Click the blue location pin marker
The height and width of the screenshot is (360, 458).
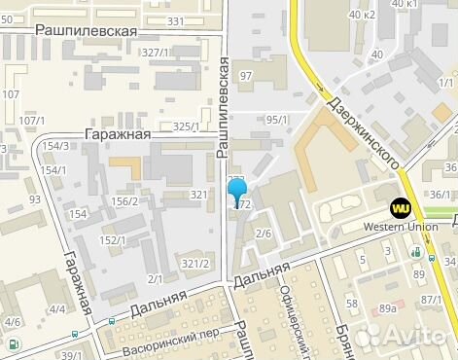click(x=237, y=189)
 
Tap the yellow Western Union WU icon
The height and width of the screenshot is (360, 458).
click(x=399, y=207)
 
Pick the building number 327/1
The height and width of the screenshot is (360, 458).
click(x=157, y=52)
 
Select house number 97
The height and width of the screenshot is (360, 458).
click(x=246, y=76)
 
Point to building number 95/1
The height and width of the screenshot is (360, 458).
click(x=277, y=120)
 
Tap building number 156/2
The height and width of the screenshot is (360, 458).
click(x=123, y=201)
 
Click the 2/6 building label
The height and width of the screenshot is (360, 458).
click(x=263, y=234)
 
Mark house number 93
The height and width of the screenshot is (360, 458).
click(x=35, y=199)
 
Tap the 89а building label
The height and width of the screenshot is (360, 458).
click(x=388, y=308)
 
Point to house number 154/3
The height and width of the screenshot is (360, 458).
click(x=56, y=146)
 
